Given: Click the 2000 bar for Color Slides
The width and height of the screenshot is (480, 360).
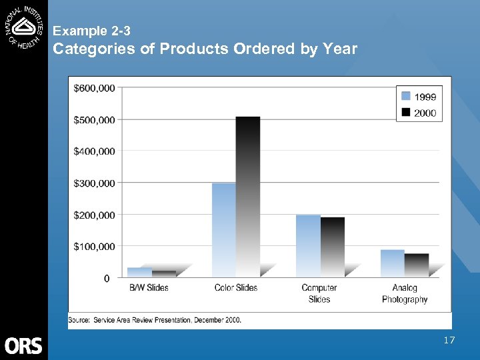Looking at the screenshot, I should pos(247,197).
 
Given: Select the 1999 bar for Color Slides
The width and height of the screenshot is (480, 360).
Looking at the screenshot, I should pos(223,230).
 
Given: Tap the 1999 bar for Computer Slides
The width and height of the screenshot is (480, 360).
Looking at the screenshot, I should pos(308,245).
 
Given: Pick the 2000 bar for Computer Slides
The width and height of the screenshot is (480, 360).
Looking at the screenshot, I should pos(332,247).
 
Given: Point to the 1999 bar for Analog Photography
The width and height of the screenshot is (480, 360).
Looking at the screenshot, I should pos(392,263).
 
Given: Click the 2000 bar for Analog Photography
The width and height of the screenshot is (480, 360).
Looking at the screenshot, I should pos(416,265).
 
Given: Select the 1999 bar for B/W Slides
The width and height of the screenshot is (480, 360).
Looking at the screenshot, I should pos(139,272).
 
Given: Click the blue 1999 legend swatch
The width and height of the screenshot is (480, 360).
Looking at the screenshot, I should pos(405,97).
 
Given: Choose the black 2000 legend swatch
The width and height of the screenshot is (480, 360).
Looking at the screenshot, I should pos(405,113).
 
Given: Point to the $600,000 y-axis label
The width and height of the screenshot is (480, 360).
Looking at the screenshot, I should pos(94,87).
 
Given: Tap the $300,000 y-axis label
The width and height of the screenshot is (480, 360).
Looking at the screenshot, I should pos(94,183).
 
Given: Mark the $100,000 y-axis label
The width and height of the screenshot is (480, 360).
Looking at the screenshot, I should pos(94,247).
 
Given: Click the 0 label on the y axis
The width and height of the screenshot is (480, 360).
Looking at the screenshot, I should pos(107,279).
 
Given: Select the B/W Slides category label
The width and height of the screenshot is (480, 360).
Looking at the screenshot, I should pos(149,288).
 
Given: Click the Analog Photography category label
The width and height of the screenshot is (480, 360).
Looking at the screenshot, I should pos(405,293).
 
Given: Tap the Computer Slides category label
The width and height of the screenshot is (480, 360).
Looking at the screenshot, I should pos(319,293).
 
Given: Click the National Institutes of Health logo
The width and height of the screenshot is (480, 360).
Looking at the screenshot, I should pos(24,25).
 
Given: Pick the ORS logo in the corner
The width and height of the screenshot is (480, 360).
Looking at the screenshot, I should pos(23,345).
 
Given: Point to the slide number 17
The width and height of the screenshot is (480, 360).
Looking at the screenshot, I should pos(449,341).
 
